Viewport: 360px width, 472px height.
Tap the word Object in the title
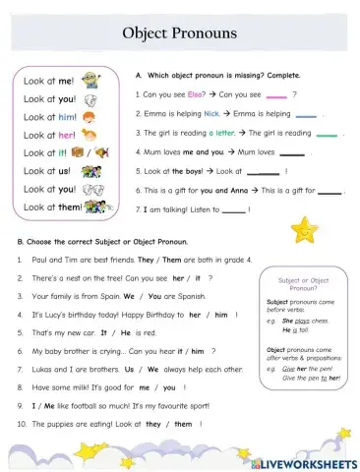click(146, 33)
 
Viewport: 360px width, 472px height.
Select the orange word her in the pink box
click(67, 134)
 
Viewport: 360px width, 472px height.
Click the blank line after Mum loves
click(291, 152)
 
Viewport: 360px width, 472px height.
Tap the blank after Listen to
click(234, 208)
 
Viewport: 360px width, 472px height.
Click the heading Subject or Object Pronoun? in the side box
click(304, 284)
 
